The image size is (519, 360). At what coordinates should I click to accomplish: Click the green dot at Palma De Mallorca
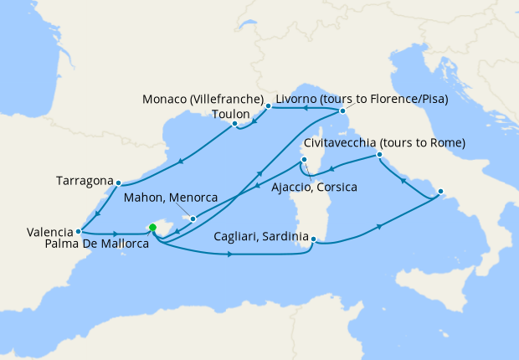point(152,227)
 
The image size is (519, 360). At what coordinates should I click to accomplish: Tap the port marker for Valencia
point(78,231)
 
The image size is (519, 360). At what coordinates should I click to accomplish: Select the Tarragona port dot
point(119,183)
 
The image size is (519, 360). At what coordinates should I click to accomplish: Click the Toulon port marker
point(235,124)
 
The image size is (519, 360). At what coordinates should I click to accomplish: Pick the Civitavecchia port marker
point(379,155)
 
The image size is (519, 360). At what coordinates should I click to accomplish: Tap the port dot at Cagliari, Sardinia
point(313,239)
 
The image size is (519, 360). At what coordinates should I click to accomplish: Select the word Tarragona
point(85,180)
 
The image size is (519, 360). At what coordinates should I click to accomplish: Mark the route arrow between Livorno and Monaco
point(306,107)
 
